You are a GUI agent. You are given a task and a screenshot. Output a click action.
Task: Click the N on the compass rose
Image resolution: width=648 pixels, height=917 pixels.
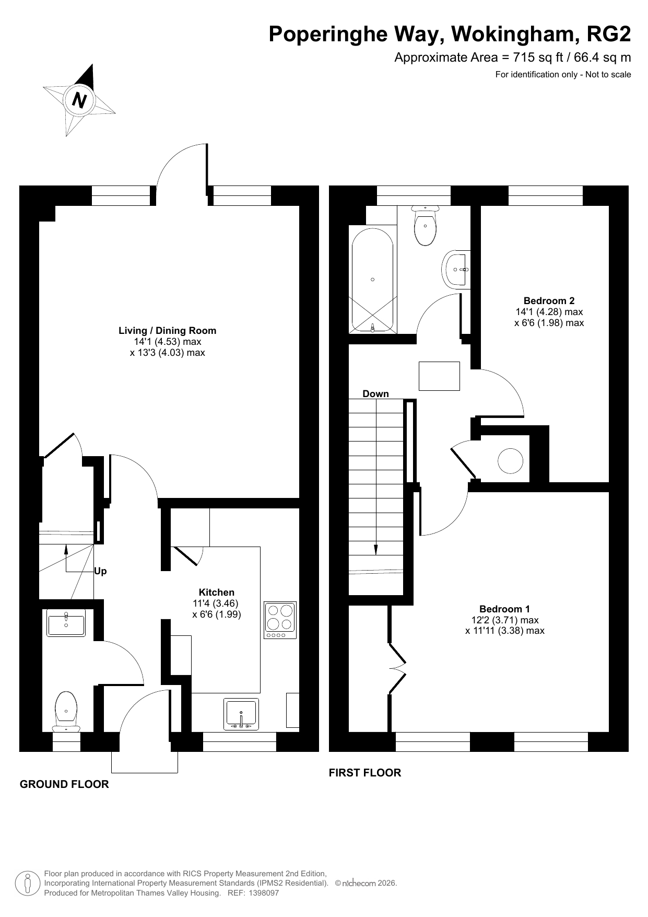[79, 99]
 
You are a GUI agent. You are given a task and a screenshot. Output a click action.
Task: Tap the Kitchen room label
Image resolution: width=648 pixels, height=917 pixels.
[217, 592]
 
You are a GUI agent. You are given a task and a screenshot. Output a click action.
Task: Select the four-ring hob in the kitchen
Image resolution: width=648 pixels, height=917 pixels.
[280, 620]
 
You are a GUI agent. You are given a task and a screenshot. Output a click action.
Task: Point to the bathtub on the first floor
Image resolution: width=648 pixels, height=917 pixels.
[372, 280]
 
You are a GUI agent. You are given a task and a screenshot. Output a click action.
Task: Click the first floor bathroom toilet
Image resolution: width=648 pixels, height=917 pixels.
[426, 225]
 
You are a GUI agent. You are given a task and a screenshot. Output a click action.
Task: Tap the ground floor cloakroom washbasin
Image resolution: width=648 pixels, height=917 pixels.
[66, 623]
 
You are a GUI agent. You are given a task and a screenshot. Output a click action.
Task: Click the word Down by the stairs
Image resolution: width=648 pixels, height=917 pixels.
[376, 393]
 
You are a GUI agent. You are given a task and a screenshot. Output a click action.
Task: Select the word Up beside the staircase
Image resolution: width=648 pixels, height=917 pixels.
[100, 571]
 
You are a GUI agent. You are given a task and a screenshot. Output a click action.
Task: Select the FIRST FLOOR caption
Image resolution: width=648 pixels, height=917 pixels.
[365, 773]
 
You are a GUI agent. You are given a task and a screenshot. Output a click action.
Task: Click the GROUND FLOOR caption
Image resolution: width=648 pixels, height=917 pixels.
[64, 784]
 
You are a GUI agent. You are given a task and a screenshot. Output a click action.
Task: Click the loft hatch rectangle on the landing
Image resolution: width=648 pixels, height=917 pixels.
[439, 376]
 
